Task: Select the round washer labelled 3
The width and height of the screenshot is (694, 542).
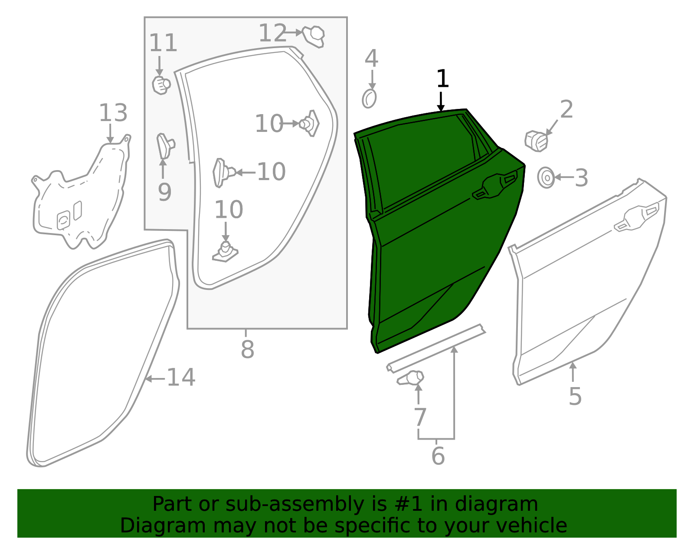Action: pos(546,177)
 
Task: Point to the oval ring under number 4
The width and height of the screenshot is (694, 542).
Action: pos(369,99)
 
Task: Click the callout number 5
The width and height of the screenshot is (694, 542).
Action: pos(575,396)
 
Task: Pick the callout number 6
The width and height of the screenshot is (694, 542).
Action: pos(438,456)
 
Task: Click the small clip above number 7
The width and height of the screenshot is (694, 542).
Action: pos(411,378)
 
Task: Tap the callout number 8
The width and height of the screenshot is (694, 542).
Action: pos(247,349)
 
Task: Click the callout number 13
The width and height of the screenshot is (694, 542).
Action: pos(113,113)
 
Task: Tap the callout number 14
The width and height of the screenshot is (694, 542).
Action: pos(181,377)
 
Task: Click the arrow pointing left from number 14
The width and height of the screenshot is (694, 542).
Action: pos(154,379)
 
